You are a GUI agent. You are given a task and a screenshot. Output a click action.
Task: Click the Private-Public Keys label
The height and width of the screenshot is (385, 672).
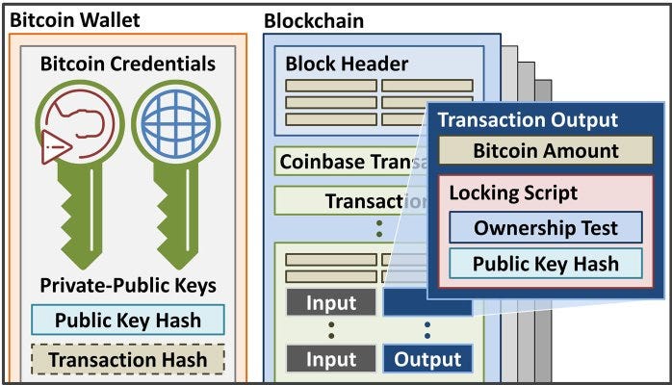[128, 286]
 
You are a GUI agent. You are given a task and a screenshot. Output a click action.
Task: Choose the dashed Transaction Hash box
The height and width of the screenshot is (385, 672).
[128, 359]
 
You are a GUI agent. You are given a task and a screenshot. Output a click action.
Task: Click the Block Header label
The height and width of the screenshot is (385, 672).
[348, 64]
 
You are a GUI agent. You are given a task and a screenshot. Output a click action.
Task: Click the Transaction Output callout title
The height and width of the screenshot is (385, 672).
[528, 121]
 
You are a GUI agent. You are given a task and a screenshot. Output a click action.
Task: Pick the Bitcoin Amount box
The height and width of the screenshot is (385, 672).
[545, 150]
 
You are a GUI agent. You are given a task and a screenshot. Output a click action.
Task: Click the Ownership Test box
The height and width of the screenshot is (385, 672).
[546, 228]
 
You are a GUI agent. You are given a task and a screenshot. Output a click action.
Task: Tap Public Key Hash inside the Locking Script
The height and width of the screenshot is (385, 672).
[546, 263]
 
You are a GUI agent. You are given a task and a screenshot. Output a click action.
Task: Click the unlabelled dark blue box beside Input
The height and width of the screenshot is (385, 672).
[404, 304]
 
